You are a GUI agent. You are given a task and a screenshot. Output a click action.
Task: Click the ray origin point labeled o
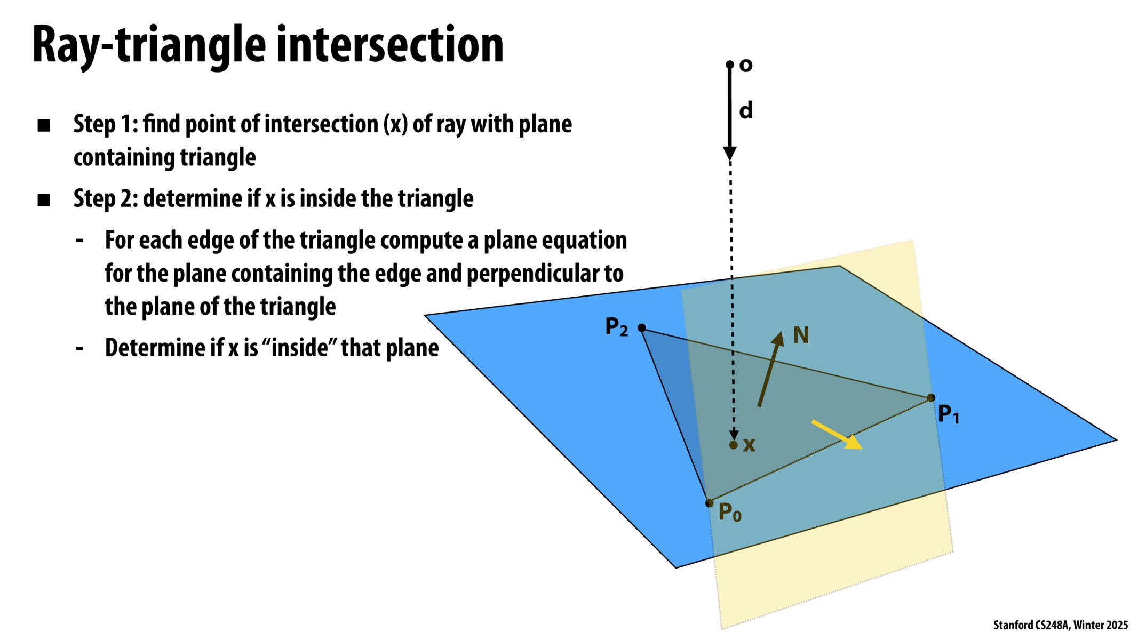(730, 65)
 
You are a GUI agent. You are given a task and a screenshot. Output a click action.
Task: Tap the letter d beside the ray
(746, 110)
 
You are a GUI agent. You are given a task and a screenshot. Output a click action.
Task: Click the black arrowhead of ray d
(730, 153)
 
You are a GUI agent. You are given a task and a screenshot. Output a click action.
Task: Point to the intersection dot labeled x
(734, 445)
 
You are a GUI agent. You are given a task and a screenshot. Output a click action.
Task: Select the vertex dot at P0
(709, 503)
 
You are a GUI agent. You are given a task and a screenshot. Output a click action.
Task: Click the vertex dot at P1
(931, 398)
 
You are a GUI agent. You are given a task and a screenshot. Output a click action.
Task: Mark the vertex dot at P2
(642, 328)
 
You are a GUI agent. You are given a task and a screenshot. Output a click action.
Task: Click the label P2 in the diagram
(616, 326)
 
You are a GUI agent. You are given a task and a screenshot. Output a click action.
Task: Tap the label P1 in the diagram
(948, 414)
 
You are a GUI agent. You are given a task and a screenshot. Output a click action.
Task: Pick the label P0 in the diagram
(729, 513)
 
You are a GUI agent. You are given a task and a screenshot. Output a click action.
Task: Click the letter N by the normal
(801, 335)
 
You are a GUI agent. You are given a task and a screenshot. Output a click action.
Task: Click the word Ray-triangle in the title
(149, 46)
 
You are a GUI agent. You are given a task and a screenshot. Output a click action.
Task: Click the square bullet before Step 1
(44, 126)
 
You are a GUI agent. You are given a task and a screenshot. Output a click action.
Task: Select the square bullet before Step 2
(44, 201)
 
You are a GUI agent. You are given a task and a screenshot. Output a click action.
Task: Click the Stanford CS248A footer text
(1060, 625)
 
